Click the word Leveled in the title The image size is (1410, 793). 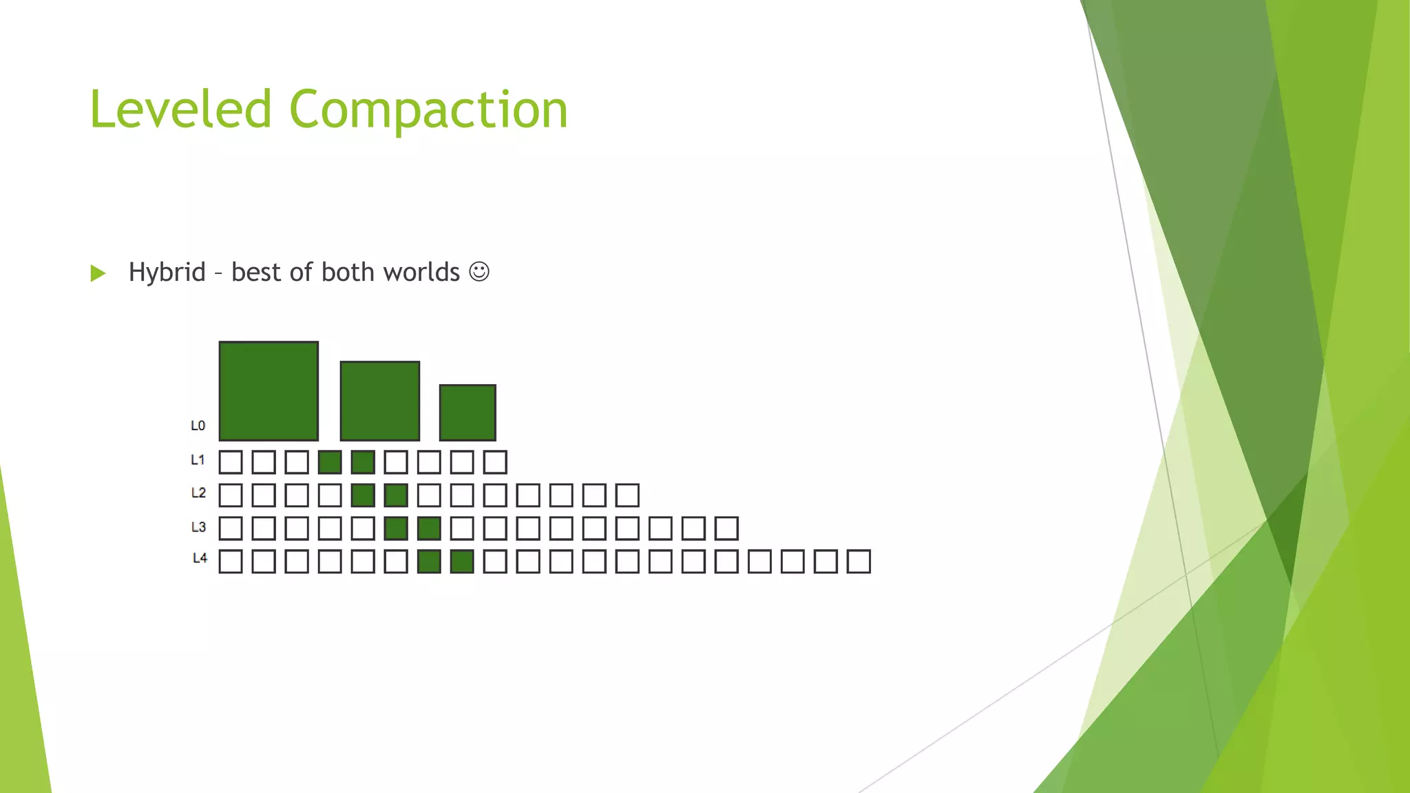click(180, 109)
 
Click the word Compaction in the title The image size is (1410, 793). click(428, 109)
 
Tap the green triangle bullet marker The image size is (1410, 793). click(98, 273)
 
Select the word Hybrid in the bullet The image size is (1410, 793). click(167, 272)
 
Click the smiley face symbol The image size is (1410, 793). click(479, 272)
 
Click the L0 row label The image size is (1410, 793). click(198, 425)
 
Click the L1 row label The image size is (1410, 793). click(198, 460)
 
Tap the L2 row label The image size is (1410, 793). click(198, 493)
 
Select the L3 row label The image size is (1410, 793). click(198, 527)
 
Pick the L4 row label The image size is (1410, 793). click(200, 558)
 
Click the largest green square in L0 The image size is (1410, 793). click(269, 391)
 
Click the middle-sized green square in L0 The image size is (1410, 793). click(379, 401)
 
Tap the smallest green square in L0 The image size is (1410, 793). click(467, 412)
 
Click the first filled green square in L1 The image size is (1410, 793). click(330, 462)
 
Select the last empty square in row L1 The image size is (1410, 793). click(495, 462)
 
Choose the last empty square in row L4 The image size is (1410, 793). click(859, 562)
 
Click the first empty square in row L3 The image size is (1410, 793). click(231, 529)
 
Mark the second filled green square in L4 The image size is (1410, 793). click(462, 562)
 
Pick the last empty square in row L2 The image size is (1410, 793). click(627, 495)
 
